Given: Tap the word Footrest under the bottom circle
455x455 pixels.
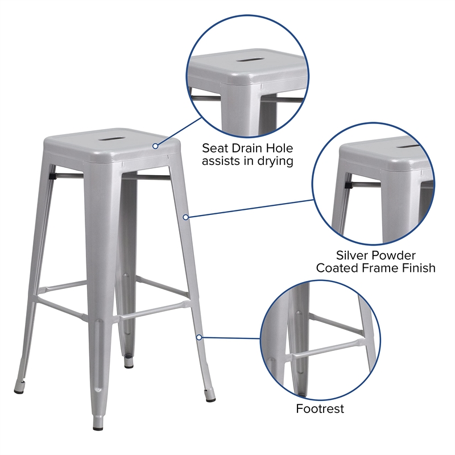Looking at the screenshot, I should (x=320, y=408).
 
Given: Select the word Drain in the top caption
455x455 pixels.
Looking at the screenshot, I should (x=247, y=148).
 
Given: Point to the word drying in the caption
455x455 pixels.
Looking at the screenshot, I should (x=275, y=162).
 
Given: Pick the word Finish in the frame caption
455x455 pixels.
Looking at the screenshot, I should (x=416, y=267).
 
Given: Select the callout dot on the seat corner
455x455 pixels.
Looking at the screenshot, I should (x=155, y=146).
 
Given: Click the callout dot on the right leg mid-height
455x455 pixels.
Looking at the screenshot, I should (x=185, y=217).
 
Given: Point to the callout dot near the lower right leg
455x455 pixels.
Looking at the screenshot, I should (x=198, y=337).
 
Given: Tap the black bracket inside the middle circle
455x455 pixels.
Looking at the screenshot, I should (x=348, y=184).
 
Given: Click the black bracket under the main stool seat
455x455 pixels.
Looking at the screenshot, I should (x=53, y=177).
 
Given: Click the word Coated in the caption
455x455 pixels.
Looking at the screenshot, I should (x=337, y=267).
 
